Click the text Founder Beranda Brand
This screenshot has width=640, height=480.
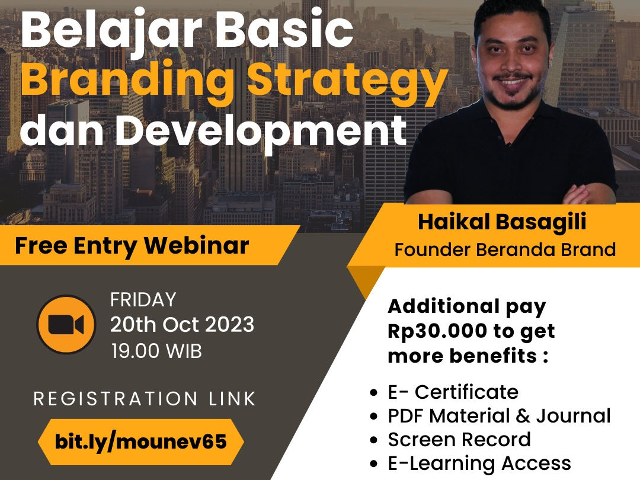[505, 249]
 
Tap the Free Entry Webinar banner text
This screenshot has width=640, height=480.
[132, 245]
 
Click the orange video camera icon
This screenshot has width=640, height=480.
[66, 324]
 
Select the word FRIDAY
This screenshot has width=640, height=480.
[143, 300]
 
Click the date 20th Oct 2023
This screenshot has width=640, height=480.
[182, 325]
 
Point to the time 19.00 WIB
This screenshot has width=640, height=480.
[156, 351]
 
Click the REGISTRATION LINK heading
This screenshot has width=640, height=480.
[145, 399]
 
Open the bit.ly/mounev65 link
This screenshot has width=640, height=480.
[140, 442]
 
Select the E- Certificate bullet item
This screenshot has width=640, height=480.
[453, 392]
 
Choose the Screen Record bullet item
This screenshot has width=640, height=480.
[459, 440]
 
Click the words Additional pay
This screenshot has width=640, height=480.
[466, 306]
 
